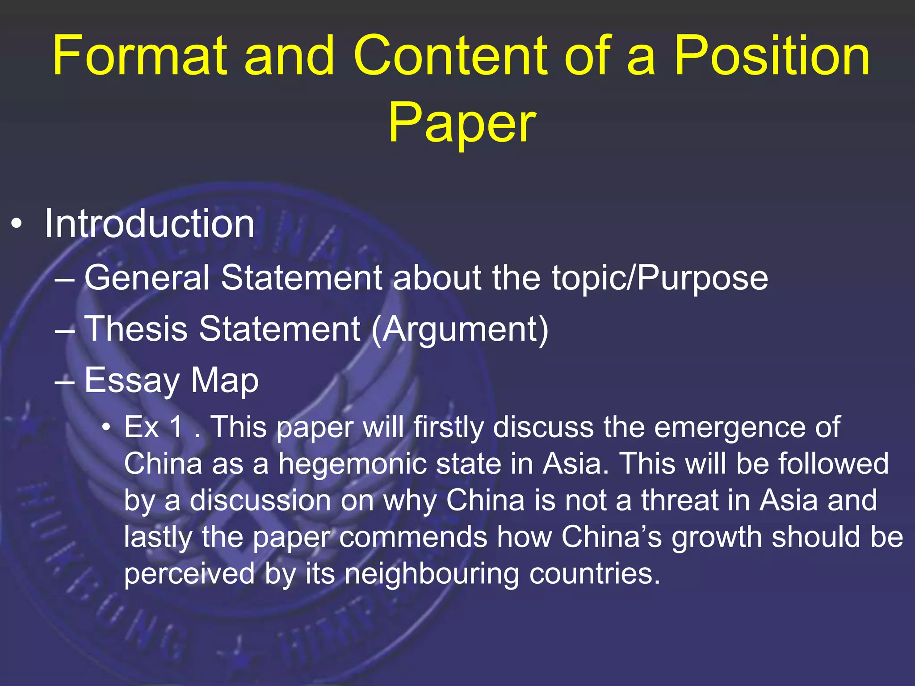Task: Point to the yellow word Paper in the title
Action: click(462, 122)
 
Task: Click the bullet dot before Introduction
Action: click(17, 224)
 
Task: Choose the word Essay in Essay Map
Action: click(132, 381)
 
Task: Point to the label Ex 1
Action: click(154, 427)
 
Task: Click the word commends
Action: click(413, 537)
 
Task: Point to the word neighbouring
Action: click(432, 573)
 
